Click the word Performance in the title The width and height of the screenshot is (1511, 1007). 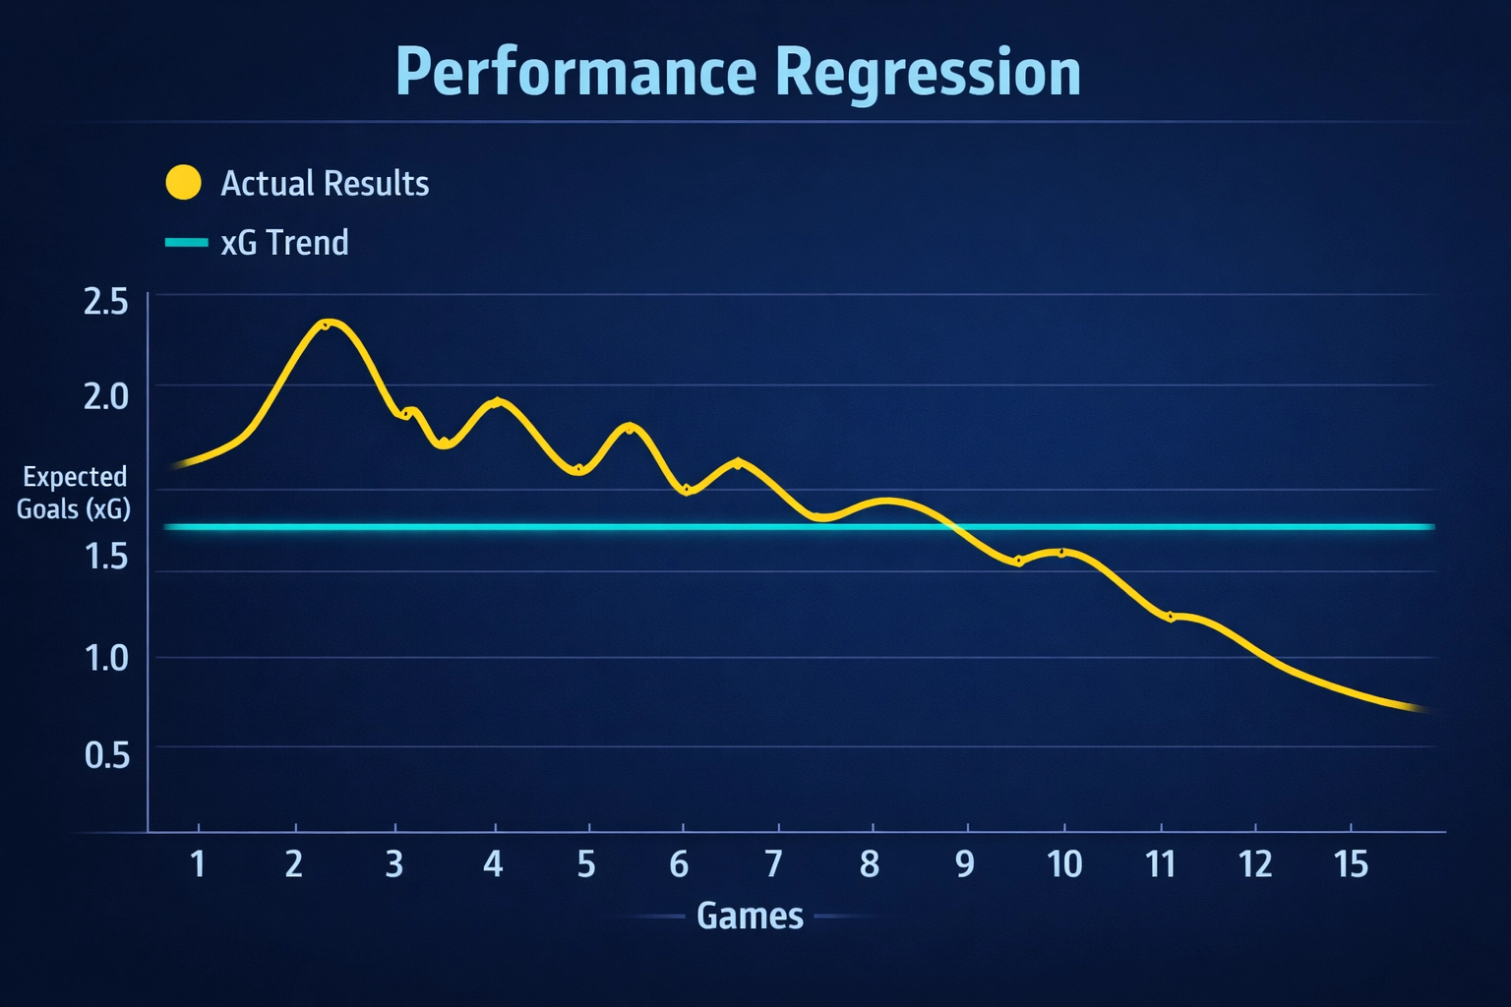[576, 73]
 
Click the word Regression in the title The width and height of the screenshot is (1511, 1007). [928, 73]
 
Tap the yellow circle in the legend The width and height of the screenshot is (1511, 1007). [183, 183]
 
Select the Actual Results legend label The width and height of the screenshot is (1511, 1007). [325, 184]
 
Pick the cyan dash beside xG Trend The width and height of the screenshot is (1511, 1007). [186, 242]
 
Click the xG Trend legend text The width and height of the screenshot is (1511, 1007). [284, 243]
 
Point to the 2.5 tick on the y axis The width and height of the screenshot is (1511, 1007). [106, 302]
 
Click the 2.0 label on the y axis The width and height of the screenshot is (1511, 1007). [106, 396]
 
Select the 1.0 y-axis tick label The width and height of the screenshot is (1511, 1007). [106, 658]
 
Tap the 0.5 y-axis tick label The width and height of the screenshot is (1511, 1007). [106, 755]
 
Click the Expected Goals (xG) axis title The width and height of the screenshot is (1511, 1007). [74, 493]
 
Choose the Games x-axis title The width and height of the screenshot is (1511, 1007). [750, 916]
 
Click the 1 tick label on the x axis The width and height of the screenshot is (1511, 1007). [198, 864]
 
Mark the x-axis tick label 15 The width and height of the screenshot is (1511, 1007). [1351, 864]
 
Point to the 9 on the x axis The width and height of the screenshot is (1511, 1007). [965, 864]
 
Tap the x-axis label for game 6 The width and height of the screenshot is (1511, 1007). [679, 864]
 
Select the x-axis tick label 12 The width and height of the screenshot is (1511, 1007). [1255, 864]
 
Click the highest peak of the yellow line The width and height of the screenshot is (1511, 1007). [329, 322]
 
